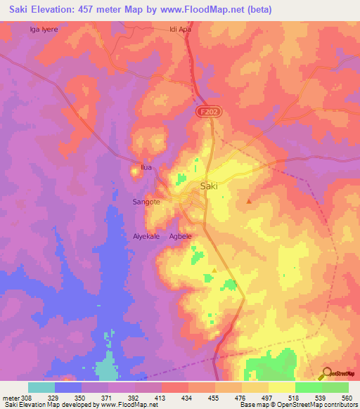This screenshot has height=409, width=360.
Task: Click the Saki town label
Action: tap(210, 186)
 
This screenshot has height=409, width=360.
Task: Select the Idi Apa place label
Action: tap(181, 30)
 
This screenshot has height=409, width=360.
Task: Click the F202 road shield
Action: tap(205, 111)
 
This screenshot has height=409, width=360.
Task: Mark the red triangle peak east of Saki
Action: tap(249, 202)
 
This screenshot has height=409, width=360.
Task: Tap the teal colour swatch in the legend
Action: tap(41, 387)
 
